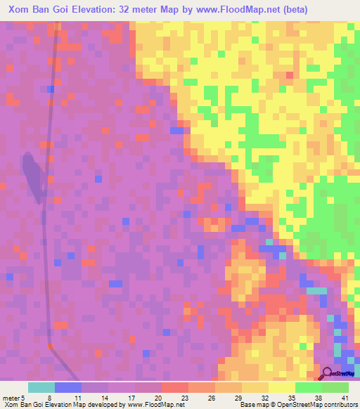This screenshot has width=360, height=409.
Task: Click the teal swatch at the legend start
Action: (x=41, y=388)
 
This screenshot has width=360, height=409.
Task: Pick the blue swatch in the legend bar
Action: (x=68, y=388)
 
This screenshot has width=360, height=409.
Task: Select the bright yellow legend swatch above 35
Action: (x=281, y=388)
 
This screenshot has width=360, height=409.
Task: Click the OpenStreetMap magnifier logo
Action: (x=327, y=375)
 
